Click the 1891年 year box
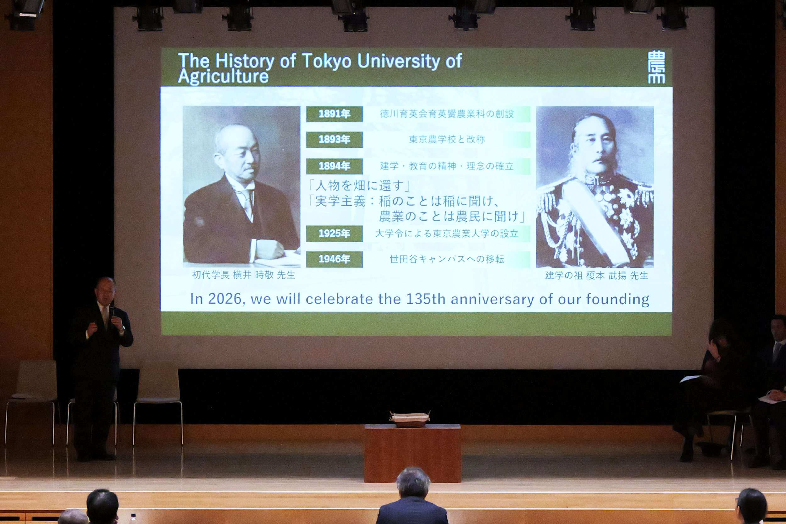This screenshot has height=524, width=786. (x=334, y=114)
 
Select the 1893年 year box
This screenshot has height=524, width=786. (x=334, y=139)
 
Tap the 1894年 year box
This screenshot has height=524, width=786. (x=334, y=166)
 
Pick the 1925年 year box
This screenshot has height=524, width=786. (x=334, y=233)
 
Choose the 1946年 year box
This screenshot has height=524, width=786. (x=334, y=259)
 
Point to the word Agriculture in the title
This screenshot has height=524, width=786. (x=223, y=76)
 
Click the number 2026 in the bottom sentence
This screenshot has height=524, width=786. (x=224, y=299)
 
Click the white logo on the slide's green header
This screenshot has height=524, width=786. (x=656, y=67)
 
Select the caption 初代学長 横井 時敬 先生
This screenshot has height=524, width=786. (x=244, y=275)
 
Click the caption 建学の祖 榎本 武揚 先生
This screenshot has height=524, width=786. (x=596, y=276)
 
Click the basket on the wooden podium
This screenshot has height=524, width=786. (x=410, y=419)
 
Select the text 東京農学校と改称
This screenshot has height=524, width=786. (x=447, y=139)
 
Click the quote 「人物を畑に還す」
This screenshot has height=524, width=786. (x=359, y=185)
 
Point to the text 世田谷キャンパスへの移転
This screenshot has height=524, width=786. (x=447, y=259)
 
